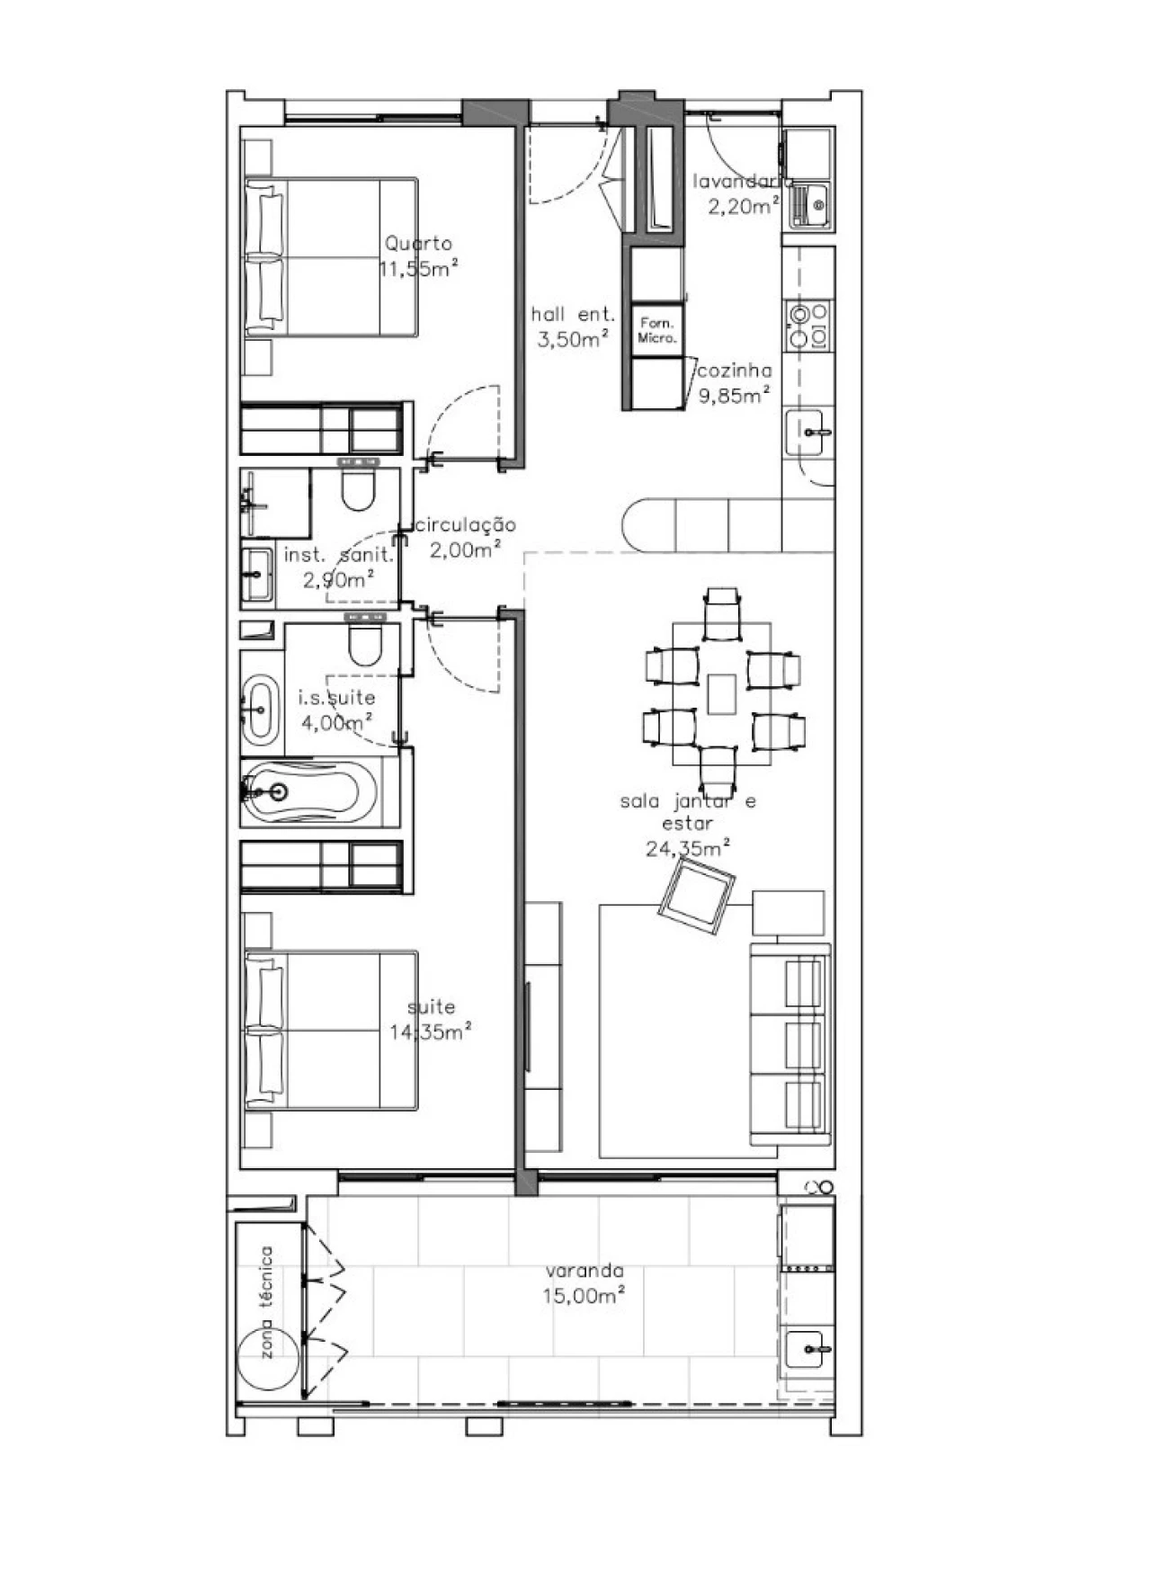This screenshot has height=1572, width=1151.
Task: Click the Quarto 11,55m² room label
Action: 418,256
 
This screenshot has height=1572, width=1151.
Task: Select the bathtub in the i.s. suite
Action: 310,792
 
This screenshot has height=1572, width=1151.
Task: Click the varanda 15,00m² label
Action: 584,1283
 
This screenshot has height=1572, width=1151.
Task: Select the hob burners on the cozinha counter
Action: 808,326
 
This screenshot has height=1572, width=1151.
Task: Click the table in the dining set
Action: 721,693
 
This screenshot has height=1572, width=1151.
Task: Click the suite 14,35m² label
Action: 431,1020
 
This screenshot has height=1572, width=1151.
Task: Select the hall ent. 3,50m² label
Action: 573,326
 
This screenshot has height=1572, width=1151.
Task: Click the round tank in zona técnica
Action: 268,1359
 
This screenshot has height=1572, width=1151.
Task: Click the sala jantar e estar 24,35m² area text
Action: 688,824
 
